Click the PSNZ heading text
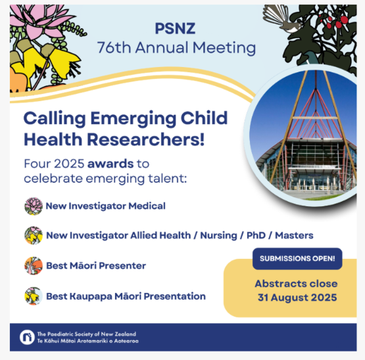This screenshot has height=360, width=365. pyautogui.click(x=175, y=28)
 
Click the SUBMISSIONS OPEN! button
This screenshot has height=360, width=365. pyautogui.click(x=297, y=259)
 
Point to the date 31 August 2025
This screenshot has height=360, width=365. pyautogui.click(x=297, y=298)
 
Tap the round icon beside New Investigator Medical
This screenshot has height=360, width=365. pyautogui.click(x=34, y=206)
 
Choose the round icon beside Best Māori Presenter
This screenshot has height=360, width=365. pyautogui.click(x=34, y=265)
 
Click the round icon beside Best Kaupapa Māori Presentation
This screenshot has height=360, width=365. pyautogui.click(x=34, y=296)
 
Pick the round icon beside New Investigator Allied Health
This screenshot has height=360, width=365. pyautogui.click(x=34, y=235)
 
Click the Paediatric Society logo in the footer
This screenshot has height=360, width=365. pyautogui.click(x=27, y=337)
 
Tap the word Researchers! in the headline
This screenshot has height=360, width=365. pyautogui.click(x=146, y=139)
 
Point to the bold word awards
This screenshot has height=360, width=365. pyautogui.click(x=110, y=164)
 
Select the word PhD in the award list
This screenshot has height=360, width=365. pyautogui.click(x=256, y=235)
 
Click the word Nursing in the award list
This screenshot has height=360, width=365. pyautogui.click(x=218, y=236)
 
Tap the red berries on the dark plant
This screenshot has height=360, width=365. pyautogui.click(x=335, y=22)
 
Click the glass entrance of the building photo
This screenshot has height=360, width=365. pyautogui.click(x=312, y=179)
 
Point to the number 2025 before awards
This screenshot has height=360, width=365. pyautogui.click(x=69, y=164)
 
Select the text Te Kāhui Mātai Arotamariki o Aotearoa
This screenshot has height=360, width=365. pyautogui.click(x=87, y=341)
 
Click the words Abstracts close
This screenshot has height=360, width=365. pyautogui.click(x=296, y=284)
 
